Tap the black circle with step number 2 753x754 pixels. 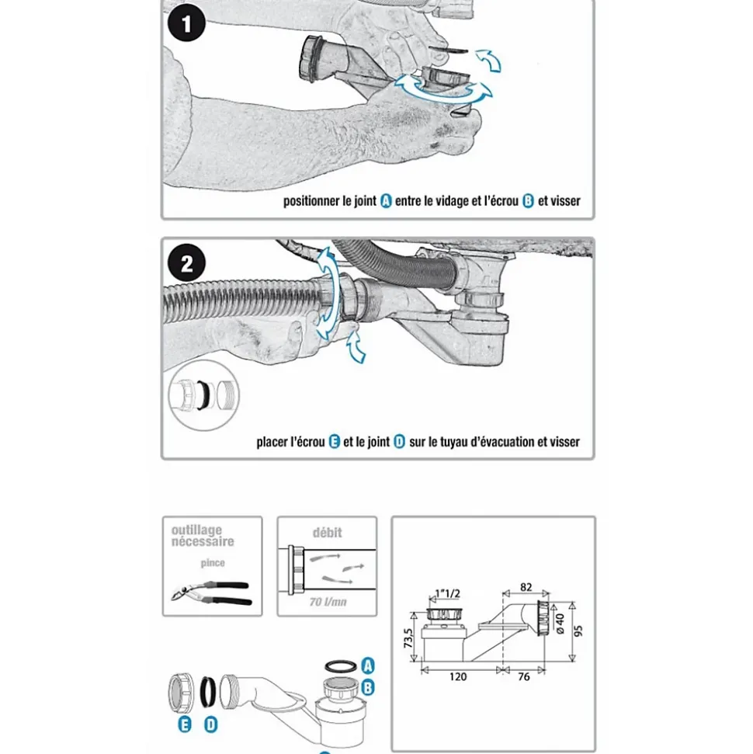(186, 264)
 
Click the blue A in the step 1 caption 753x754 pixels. (386, 201)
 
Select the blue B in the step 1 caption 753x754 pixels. (528, 201)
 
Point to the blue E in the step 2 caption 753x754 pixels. (335, 442)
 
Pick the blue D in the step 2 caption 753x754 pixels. (399, 442)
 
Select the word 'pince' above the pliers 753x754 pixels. (213, 563)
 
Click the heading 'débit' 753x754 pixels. (327, 533)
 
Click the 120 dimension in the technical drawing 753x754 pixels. (458, 676)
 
